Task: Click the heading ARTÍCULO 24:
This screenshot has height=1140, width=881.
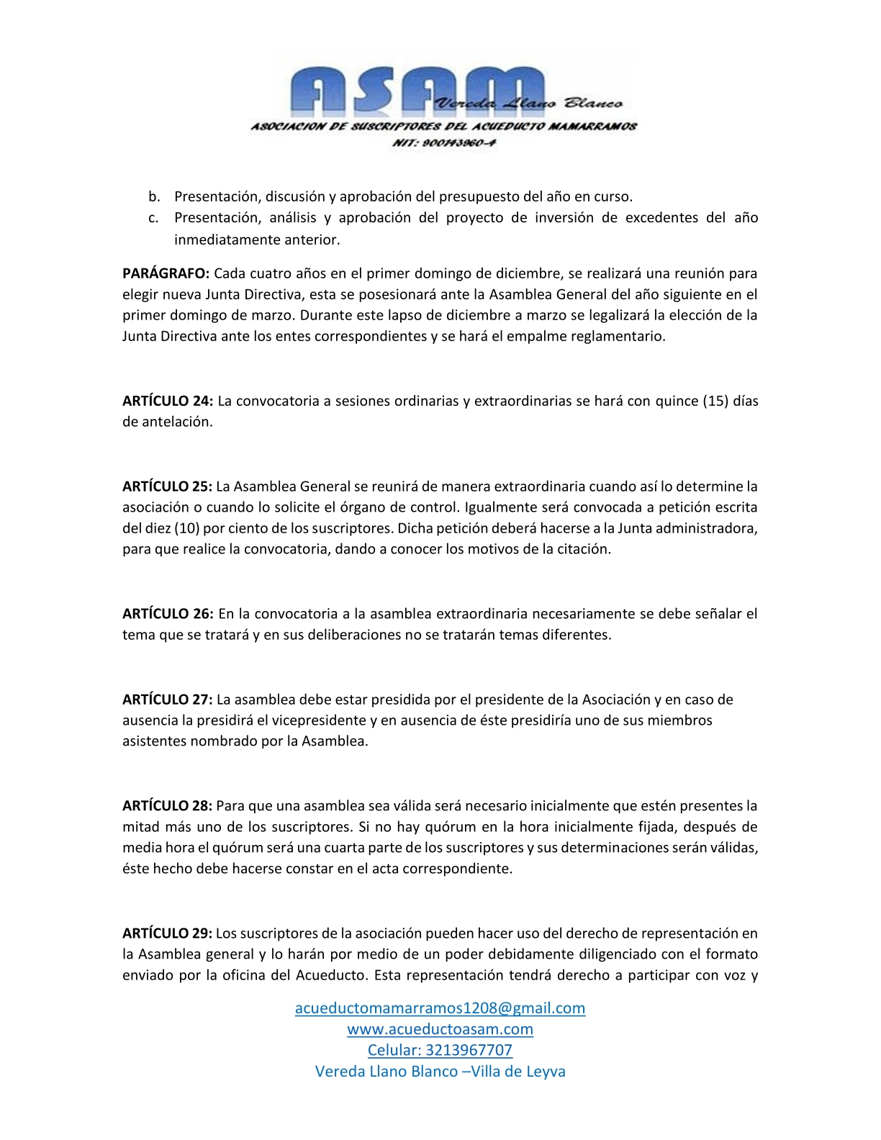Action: [x=167, y=401]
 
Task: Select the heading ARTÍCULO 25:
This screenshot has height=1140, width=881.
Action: [x=167, y=487]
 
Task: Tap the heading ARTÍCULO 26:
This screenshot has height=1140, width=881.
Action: [x=167, y=614]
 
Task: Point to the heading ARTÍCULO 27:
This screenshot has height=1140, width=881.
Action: [x=167, y=700]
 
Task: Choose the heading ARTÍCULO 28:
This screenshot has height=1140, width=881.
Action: [x=167, y=805]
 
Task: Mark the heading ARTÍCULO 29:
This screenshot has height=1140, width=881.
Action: [x=167, y=933]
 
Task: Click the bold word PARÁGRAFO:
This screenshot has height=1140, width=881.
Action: [x=166, y=273]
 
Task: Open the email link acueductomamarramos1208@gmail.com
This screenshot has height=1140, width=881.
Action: [x=440, y=1008]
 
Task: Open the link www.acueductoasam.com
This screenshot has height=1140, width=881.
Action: [x=440, y=1029]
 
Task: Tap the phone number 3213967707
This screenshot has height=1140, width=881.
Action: [x=469, y=1050]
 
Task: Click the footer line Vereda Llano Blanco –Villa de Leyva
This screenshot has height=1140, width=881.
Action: [x=440, y=1072]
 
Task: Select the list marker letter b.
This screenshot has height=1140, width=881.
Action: [x=154, y=196]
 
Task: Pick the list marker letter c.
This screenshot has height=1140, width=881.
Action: [x=154, y=217]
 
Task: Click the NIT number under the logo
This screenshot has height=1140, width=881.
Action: [x=443, y=142]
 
